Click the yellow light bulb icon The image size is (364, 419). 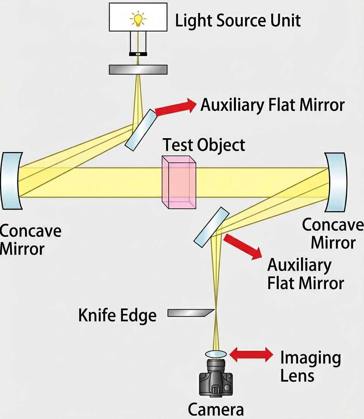(138, 19)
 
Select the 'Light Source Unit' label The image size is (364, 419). (238, 20)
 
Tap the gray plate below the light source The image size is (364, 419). (138, 69)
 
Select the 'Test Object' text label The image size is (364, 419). (204, 145)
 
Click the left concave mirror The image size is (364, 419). (11, 180)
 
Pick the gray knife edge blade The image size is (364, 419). (190, 313)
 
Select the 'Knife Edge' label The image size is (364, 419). (117, 315)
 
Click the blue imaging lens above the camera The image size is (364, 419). (216, 354)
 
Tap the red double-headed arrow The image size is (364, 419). (251, 355)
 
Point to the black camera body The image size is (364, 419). (216, 381)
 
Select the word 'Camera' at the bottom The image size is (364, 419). (216, 410)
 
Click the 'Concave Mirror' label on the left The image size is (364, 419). (30, 239)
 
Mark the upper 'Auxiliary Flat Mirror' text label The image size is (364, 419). (272, 105)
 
